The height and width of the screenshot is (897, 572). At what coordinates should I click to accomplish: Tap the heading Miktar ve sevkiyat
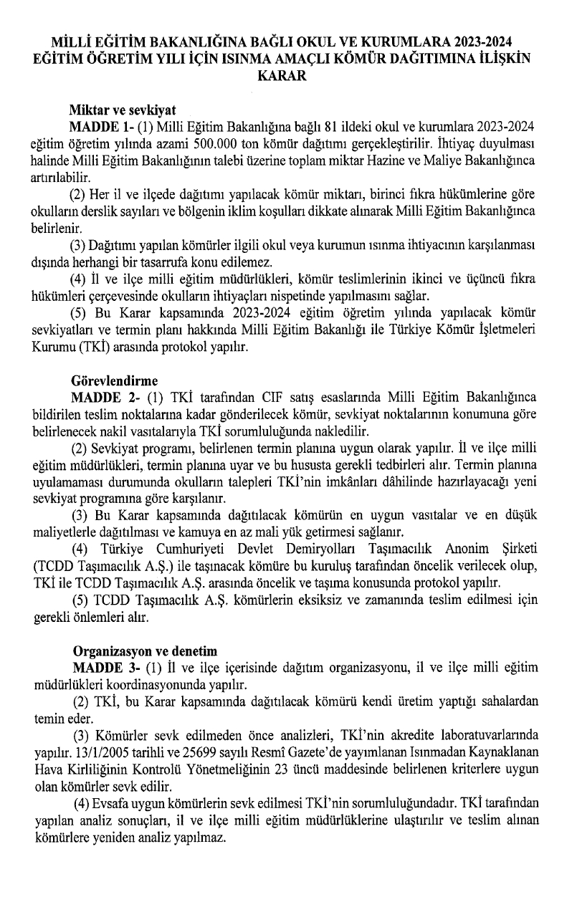pyautogui.click(x=123, y=111)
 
